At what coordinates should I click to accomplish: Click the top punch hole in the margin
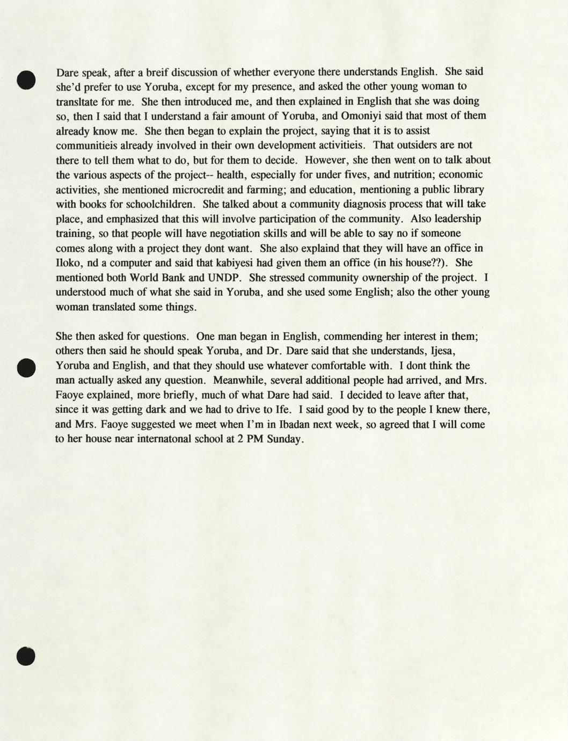(x=26, y=79)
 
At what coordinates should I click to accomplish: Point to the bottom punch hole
(x=26, y=656)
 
